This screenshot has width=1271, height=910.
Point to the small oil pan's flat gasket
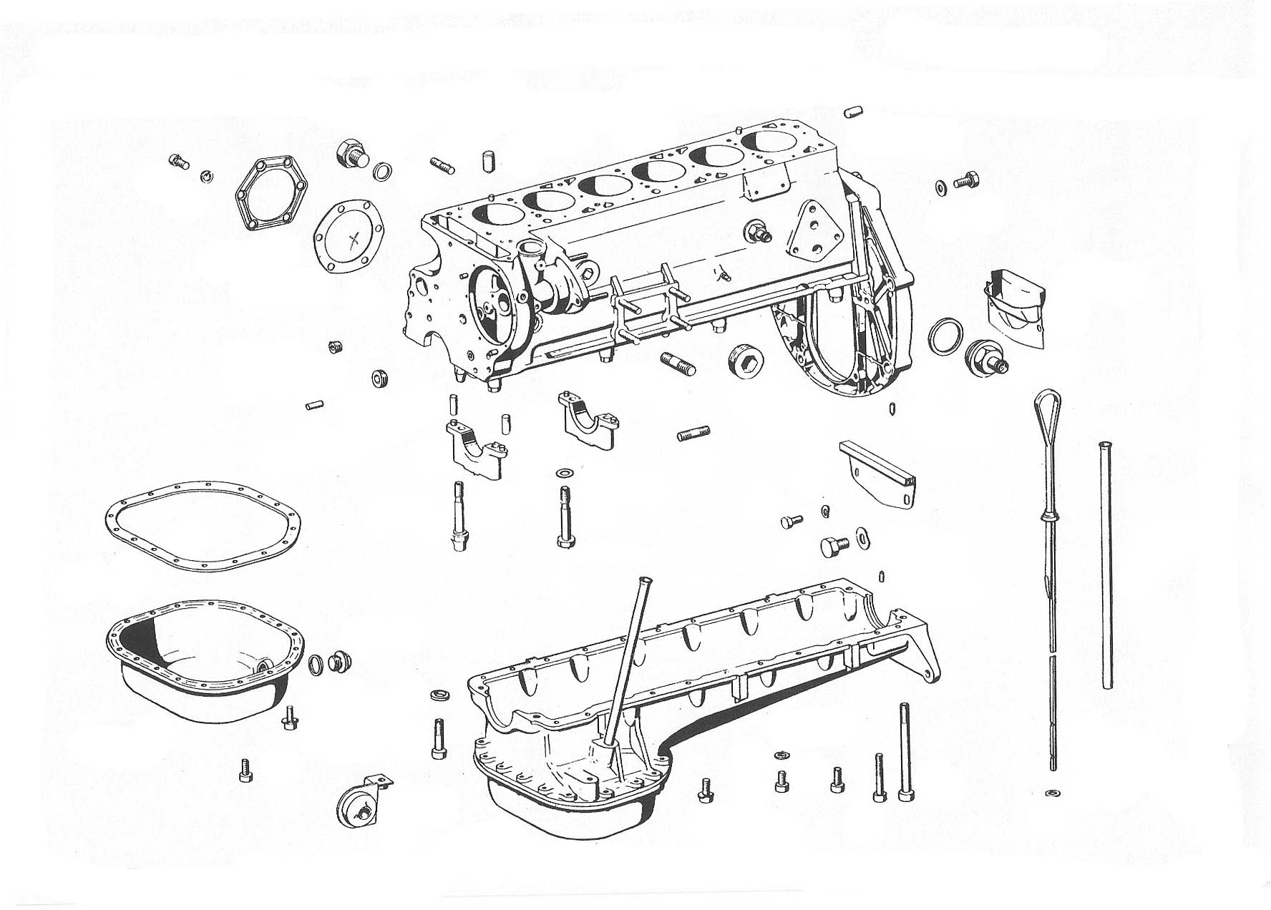pyautogui.click(x=203, y=526)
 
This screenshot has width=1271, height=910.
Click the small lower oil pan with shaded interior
pyautogui.click(x=200, y=658)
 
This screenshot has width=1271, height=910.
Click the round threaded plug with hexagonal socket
pyautogui.click(x=746, y=359)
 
